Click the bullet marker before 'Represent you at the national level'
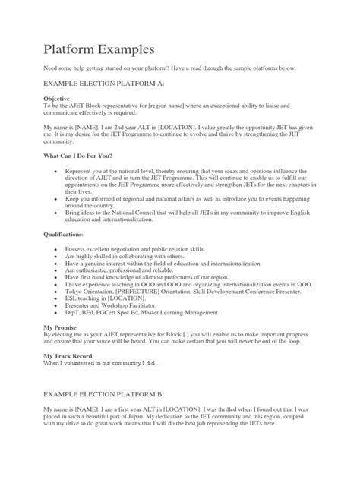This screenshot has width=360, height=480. point(58,171)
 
